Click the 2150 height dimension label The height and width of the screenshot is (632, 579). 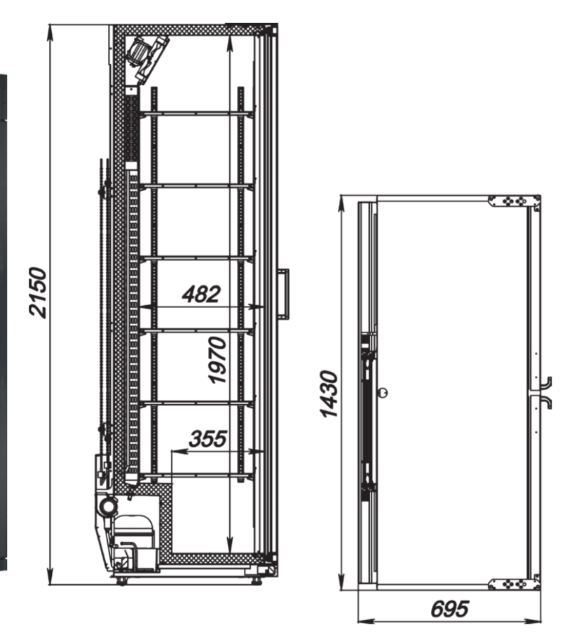coord(39,293)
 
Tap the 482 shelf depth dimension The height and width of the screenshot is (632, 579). coord(201,294)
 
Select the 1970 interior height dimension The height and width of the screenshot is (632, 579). coord(217,360)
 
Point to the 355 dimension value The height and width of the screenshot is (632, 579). coord(208,438)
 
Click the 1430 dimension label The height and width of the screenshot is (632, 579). coord(328,394)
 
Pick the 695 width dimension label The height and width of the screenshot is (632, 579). coord(449,609)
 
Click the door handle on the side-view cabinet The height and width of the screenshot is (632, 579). coord(284,294)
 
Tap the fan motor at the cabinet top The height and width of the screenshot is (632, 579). coord(147,56)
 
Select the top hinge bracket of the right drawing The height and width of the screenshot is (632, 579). coord(514,201)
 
